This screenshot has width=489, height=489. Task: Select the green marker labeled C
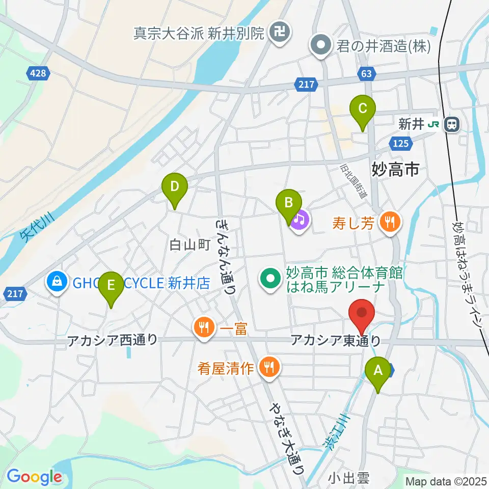coord(362,110)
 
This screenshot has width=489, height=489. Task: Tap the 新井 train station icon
coord(451,124)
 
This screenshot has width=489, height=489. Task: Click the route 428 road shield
coord(38,74)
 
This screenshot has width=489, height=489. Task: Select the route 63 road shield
coord(367,74)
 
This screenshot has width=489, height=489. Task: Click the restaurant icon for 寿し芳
coord(391,222)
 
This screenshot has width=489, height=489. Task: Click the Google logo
coord(34,477)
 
